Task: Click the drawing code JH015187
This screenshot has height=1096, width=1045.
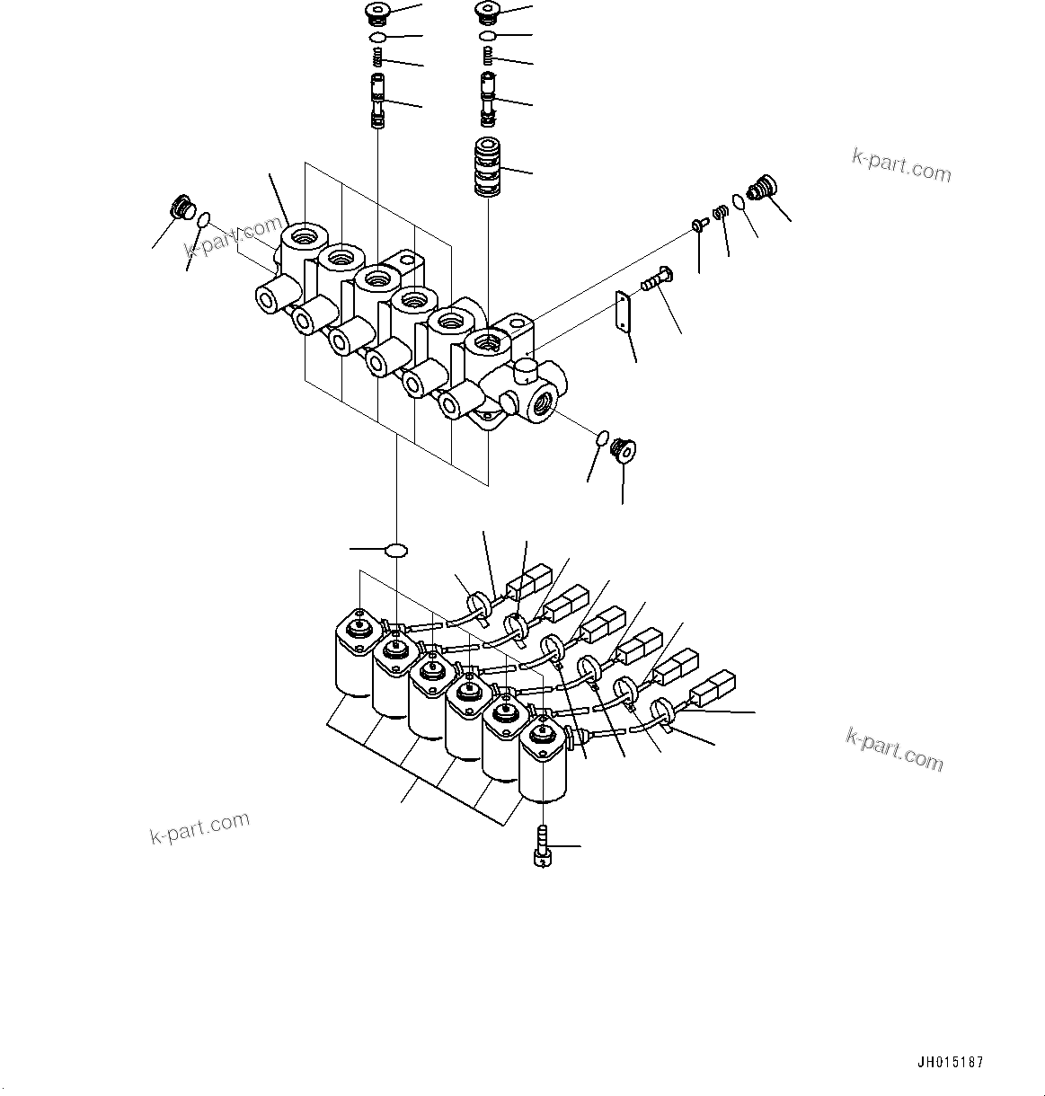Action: point(950,1062)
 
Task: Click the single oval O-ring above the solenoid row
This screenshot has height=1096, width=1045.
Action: point(395,548)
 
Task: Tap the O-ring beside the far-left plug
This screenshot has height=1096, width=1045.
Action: point(205,218)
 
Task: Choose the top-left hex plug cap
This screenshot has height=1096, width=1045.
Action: point(378,13)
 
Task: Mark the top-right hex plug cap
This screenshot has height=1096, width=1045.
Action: point(488,13)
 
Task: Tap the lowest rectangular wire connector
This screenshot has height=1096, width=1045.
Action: point(712,690)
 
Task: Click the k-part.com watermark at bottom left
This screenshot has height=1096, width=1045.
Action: point(199,829)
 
